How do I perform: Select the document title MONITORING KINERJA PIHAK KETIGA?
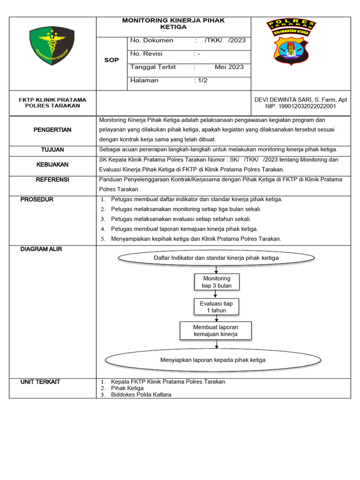coord(173,24)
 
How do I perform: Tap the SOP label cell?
coord(112,60)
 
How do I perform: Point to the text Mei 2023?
coord(229,67)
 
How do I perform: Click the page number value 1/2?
coord(202,80)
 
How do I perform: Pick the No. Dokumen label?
coord(152,40)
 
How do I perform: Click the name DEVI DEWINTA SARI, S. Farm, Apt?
coord(300,99)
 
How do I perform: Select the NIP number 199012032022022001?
coord(300,106)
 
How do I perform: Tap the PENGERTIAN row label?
coord(52,130)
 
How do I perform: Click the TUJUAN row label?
coord(52,150)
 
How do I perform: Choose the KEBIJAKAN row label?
coord(52,165)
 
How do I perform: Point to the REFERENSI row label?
coord(52,180)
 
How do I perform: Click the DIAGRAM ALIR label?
coord(41,249)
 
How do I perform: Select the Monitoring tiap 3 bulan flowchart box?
coord(217,282)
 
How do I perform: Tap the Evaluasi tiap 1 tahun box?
coord(216,307)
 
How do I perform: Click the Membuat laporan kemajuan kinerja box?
coord(216,330)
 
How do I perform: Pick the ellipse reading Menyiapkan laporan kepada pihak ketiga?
coord(213,360)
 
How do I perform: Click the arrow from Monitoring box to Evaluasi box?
coord(216,294)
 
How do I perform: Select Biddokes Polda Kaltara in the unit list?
coord(141,395)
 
